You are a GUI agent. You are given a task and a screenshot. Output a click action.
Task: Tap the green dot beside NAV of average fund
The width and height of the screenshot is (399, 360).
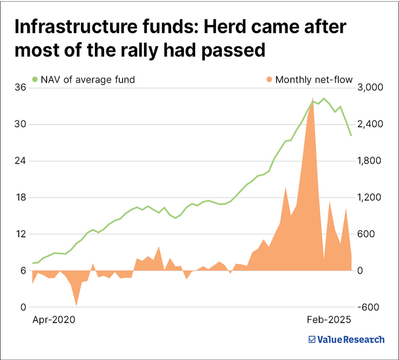[35, 79]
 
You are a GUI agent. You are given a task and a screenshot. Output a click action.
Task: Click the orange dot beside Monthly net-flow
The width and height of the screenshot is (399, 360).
[268, 79]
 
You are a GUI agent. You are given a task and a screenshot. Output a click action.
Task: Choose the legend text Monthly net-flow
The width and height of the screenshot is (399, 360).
[314, 79]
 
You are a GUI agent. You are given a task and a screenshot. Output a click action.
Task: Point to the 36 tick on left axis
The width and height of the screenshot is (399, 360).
[20, 88]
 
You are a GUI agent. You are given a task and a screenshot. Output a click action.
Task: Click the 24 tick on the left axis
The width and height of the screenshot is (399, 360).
[20, 161]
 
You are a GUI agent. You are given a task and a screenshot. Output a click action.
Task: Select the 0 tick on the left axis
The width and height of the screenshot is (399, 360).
[22, 307]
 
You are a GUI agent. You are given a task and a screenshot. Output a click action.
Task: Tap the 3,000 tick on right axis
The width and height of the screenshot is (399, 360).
[371, 88]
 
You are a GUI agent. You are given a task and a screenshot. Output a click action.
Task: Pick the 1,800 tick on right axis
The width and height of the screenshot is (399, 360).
[371, 161]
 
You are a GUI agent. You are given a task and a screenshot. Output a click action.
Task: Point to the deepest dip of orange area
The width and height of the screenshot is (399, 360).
[76, 305]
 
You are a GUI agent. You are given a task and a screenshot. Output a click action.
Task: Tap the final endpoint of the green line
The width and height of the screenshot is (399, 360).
[351, 135]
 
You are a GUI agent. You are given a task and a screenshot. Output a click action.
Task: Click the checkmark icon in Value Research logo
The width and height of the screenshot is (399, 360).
[313, 339]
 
